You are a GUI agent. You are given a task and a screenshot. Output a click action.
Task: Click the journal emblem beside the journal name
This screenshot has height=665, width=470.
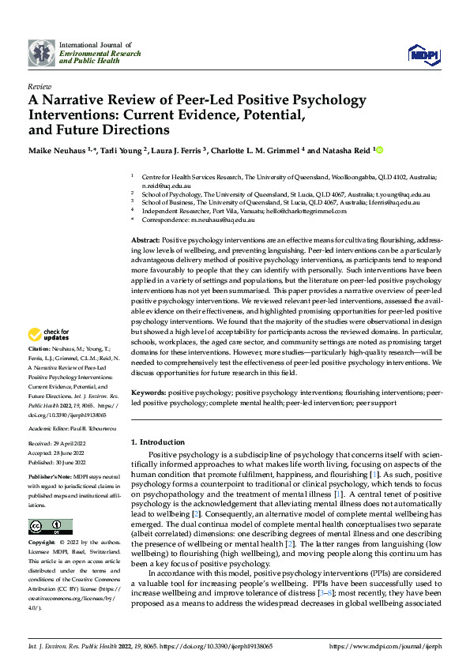pyautogui.click(x=41, y=53)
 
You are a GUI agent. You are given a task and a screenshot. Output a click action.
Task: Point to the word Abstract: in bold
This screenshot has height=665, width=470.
pyautogui.click(x=145, y=239)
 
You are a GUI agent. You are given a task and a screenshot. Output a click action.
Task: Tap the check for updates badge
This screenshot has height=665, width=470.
pyautogui.click(x=49, y=336)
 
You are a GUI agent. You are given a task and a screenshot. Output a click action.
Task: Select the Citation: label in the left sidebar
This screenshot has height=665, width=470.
pyautogui.click(x=40, y=348)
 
